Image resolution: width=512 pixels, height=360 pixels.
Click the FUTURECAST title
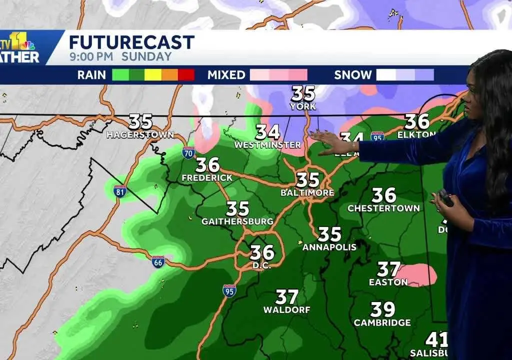click(131, 42)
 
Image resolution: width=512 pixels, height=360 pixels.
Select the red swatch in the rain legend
click(186, 75)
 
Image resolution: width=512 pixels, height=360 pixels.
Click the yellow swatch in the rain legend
click(153, 75)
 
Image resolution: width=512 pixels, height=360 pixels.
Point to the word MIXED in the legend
click(226, 75)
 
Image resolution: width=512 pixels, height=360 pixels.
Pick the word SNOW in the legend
click(353, 75)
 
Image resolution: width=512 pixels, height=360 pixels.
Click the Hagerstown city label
click(140, 135)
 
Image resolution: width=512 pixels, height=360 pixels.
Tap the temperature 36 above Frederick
click(207, 164)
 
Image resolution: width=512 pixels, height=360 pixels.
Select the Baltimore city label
click(308, 192)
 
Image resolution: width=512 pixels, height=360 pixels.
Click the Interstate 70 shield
click(188, 152)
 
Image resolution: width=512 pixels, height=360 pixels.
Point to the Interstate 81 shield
click(119, 191)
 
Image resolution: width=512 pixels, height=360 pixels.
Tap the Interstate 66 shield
click(158, 261)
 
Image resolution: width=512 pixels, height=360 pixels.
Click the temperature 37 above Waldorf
click(287, 297)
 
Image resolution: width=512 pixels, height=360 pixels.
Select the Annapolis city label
click(329, 247)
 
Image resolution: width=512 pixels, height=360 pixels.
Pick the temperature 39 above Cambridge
click(382, 309)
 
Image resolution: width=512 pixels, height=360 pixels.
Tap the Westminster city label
click(268, 145)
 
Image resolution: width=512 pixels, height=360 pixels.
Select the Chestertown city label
click(383, 208)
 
